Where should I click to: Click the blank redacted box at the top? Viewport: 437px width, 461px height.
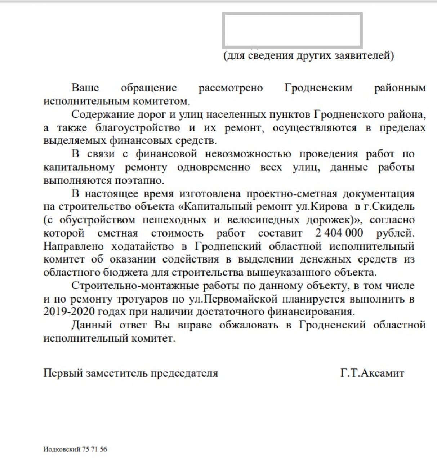(292, 30)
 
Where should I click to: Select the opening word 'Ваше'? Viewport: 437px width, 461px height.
(85, 88)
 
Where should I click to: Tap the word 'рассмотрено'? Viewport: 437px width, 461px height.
(231, 88)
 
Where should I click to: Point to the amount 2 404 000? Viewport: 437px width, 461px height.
(339, 233)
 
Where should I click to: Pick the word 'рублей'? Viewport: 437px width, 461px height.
(396, 233)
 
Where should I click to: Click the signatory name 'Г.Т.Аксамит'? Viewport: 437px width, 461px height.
(372, 373)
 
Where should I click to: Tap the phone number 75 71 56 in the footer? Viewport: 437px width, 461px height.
(94, 449)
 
